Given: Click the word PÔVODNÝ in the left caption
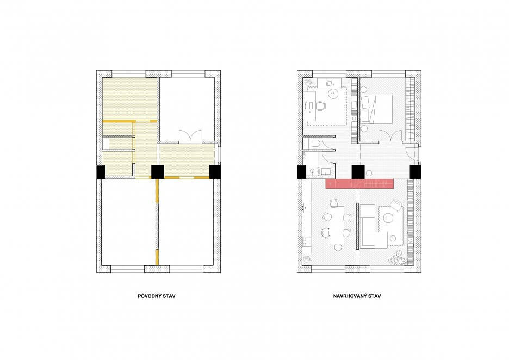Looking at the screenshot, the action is [148, 296].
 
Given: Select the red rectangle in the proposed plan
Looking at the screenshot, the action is [359, 184].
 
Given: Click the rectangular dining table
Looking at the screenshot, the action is [337, 225].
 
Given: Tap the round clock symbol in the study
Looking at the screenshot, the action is [333, 94].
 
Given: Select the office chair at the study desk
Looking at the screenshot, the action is [321, 106].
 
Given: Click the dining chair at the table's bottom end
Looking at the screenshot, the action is [338, 248].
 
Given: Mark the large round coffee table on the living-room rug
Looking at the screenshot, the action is [388, 217].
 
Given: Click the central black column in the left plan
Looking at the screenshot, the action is [158, 172].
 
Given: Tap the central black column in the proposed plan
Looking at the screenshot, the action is [358, 172].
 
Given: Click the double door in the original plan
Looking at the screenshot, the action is [190, 136].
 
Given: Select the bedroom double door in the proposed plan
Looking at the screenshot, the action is [390, 136].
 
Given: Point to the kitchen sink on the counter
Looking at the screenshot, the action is [306, 207].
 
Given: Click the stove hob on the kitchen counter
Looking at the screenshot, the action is [307, 241].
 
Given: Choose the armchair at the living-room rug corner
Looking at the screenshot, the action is [396, 205].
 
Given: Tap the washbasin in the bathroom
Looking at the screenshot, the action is [312, 170].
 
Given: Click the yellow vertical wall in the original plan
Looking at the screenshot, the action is [157, 222].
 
